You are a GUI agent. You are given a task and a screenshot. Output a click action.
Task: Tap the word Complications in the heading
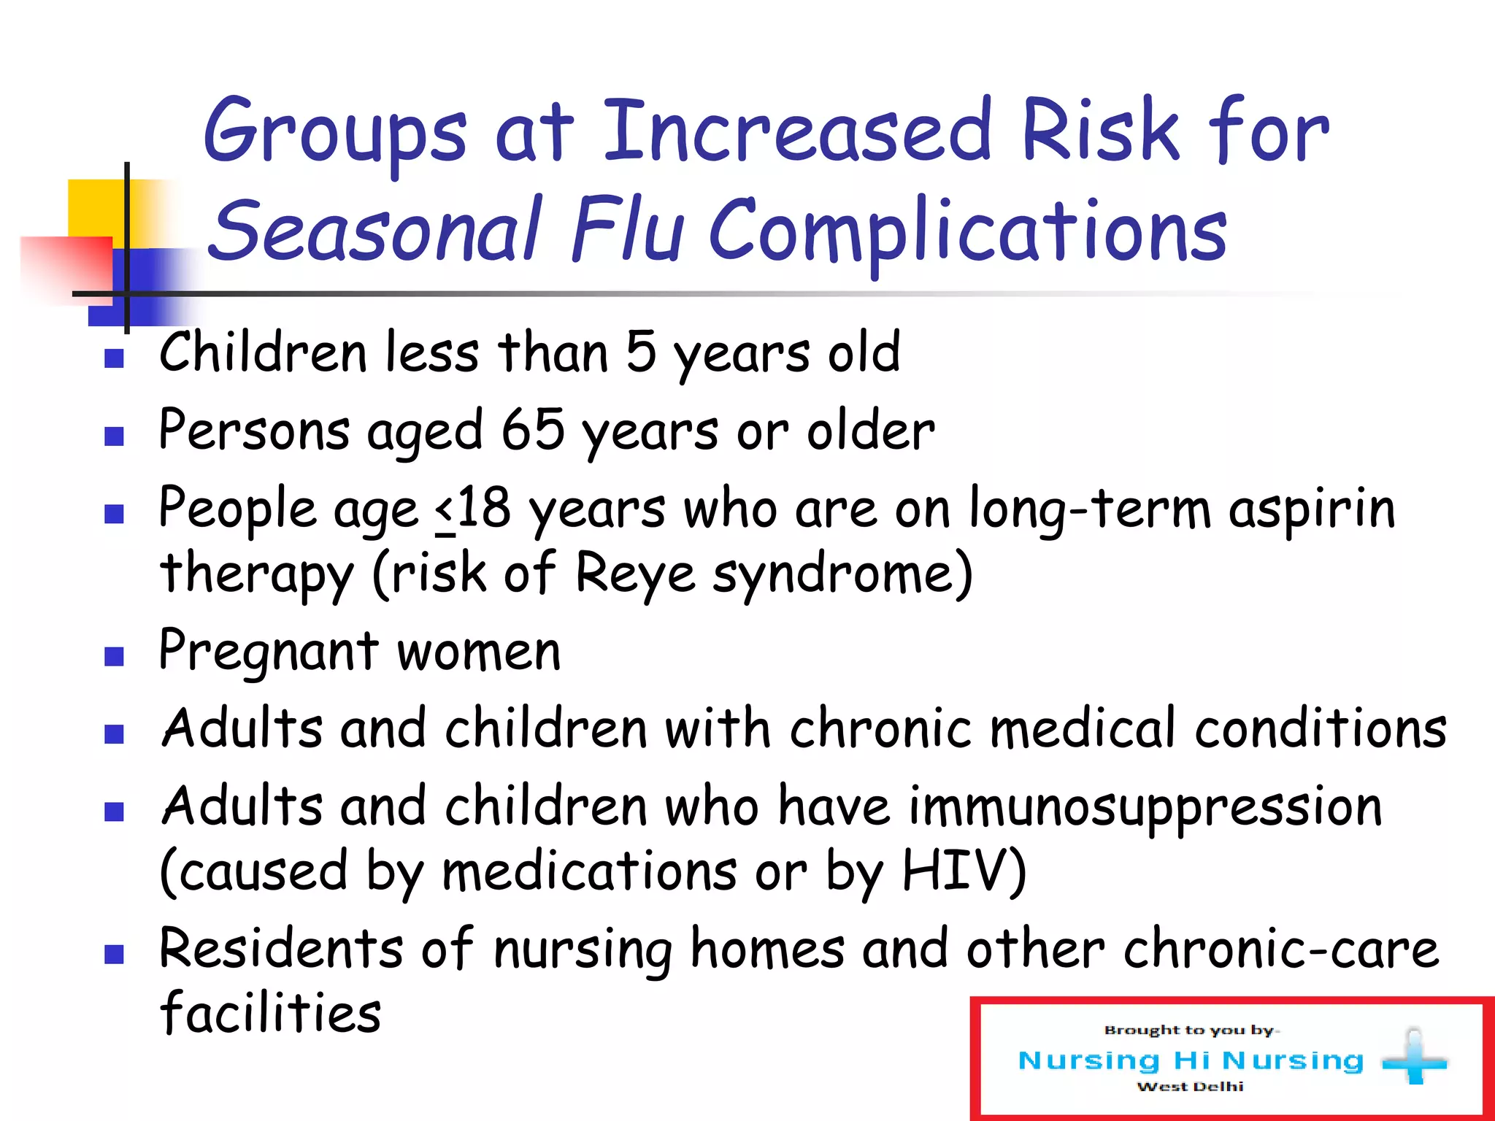968,231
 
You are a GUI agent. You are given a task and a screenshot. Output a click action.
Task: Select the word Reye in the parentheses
635,573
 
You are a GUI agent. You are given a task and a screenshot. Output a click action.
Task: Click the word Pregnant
269,651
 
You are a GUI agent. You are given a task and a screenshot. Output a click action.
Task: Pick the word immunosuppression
1145,806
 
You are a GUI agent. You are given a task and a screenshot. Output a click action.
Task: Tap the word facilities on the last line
270,1013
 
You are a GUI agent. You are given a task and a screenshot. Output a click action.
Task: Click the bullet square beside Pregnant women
114,656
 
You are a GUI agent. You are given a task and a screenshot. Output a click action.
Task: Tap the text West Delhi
1190,1087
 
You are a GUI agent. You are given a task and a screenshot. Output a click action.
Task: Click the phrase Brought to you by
1190,1030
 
